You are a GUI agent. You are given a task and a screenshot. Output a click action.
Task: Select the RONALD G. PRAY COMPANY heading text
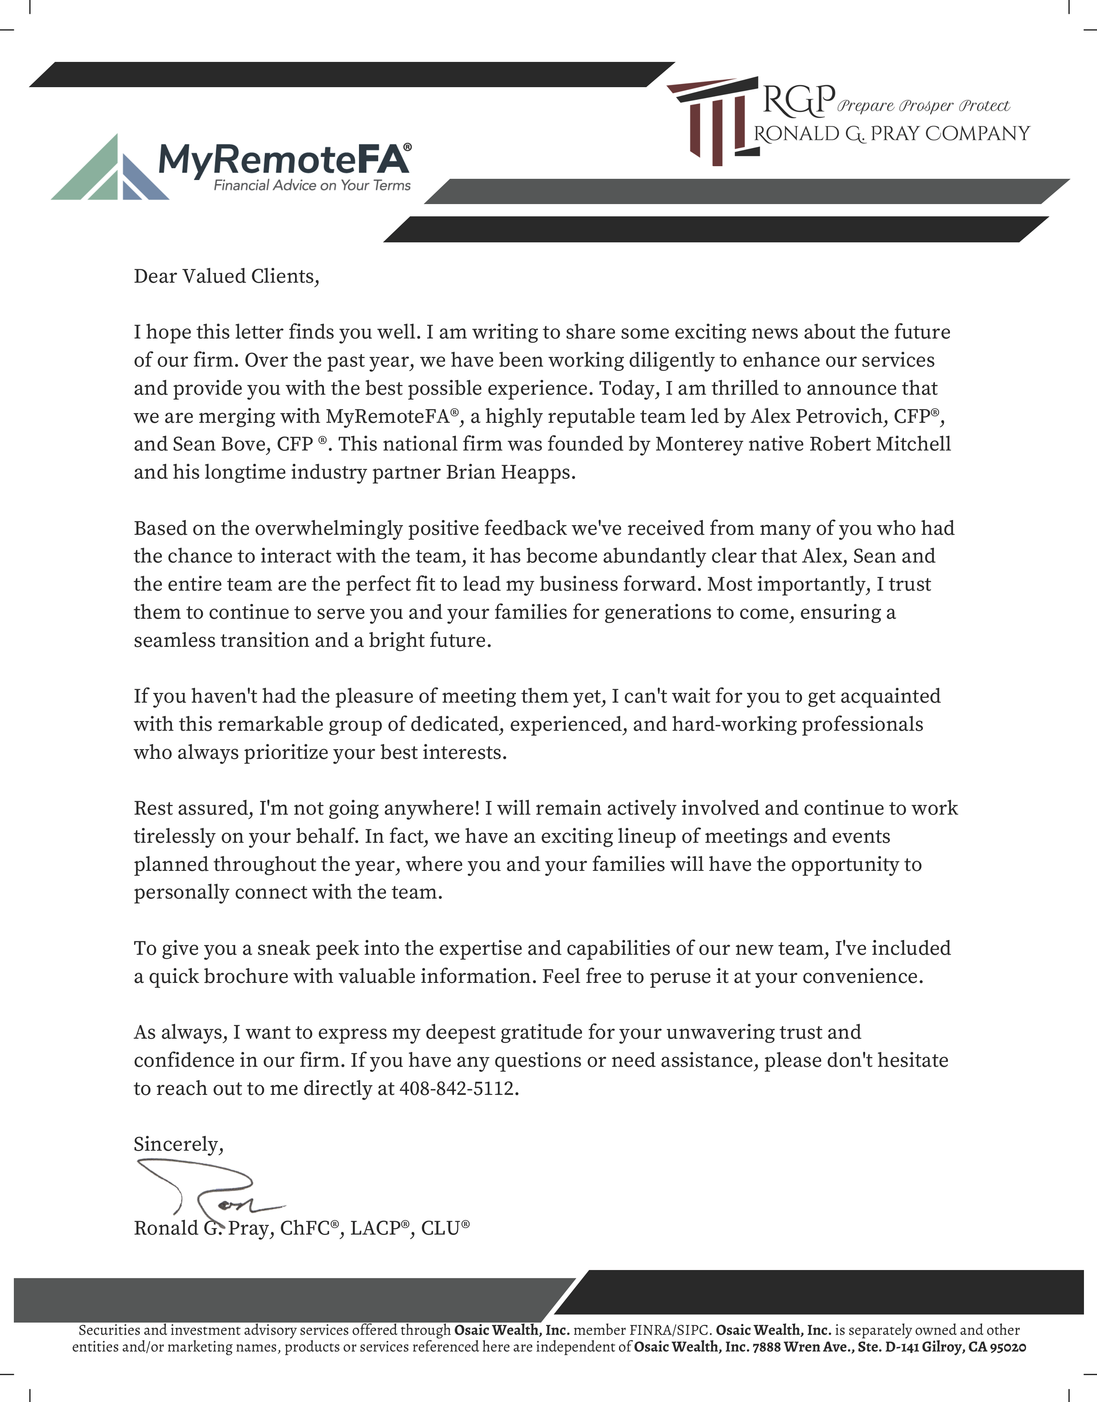pyautogui.click(x=892, y=134)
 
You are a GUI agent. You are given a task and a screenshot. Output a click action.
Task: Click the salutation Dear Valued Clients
pyautogui.click(x=226, y=276)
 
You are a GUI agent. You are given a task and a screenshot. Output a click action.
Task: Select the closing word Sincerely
pyautogui.click(x=178, y=1144)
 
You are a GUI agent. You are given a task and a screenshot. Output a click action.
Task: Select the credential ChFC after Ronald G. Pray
pyautogui.click(x=305, y=1228)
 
